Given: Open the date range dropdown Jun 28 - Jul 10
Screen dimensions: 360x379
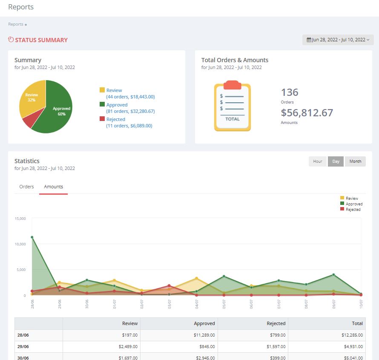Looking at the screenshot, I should click(x=338, y=40).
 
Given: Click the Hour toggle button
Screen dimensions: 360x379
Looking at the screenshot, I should click(x=318, y=161).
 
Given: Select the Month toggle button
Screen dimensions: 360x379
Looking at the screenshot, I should click(x=355, y=161).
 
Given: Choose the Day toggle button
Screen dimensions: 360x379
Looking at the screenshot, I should click(x=336, y=161).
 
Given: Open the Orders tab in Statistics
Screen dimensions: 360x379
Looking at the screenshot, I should click(x=26, y=187).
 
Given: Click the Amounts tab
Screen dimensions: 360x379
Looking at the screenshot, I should click(x=53, y=187).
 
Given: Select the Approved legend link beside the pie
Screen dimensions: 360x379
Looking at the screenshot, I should click(x=117, y=105).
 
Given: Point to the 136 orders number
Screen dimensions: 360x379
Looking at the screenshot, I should click(x=290, y=92).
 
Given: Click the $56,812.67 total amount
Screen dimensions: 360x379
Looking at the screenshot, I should click(x=307, y=113).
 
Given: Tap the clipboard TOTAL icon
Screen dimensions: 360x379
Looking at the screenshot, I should click(x=232, y=106).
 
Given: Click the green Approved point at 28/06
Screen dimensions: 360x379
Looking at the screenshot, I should click(x=32, y=237).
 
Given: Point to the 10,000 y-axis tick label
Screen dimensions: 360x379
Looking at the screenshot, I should click(x=20, y=244).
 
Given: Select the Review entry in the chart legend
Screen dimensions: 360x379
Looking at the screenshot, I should click(x=351, y=199).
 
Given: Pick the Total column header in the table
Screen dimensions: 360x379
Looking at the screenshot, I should click(x=357, y=323).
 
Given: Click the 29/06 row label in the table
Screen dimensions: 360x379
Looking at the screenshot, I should click(x=23, y=347).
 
